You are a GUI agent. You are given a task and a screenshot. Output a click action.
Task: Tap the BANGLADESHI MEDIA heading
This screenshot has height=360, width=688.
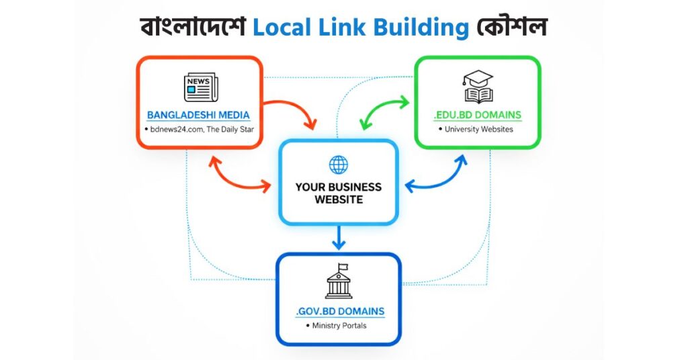[x=198, y=115]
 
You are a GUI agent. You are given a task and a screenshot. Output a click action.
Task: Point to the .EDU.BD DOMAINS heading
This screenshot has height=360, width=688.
[x=478, y=115]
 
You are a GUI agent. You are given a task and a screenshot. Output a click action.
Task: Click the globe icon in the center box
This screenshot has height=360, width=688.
[x=339, y=165]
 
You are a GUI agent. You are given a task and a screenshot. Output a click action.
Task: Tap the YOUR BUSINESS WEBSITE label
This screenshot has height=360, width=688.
[x=339, y=193]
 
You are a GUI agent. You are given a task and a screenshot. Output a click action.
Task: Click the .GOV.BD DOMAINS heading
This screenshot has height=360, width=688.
[x=340, y=311]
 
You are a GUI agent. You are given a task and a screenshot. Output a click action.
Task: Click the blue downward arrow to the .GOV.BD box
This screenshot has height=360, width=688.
[x=339, y=237]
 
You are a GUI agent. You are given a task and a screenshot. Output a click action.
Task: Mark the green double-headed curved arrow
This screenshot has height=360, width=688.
[x=384, y=111]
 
